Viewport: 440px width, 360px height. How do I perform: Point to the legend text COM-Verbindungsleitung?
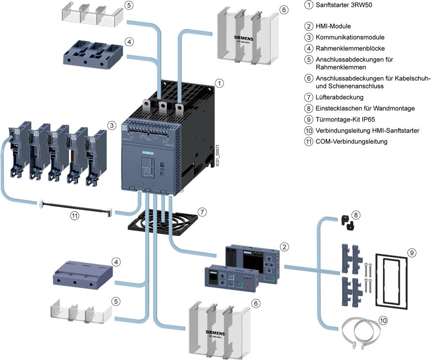coord(352,141)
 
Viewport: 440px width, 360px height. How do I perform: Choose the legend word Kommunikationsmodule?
coord(350,37)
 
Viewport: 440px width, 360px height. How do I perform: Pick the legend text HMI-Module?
coord(333,26)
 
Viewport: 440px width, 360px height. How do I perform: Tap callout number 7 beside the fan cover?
coord(201,212)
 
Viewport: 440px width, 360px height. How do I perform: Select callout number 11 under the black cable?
coord(75,216)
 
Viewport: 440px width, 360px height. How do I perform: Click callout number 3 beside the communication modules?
coord(112,126)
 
